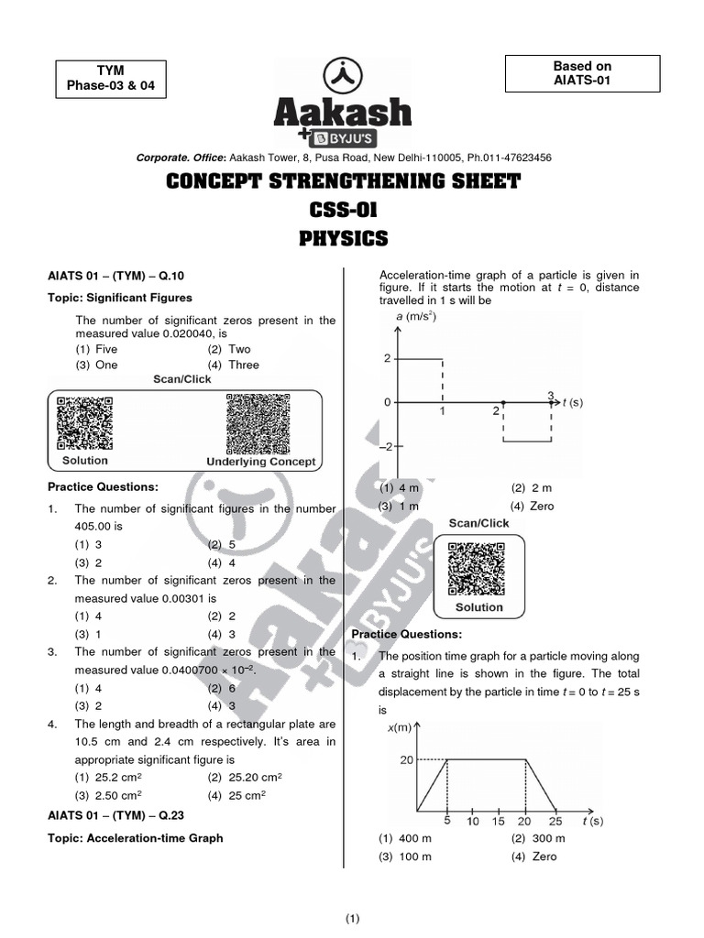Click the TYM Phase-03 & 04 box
point(112,79)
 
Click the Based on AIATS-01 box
point(582,73)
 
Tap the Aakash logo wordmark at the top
point(343,114)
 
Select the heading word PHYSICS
point(343,239)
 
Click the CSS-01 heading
point(343,211)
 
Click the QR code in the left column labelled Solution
point(85,424)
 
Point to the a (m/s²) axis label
point(416,318)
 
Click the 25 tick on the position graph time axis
point(555,821)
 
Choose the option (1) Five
point(96,349)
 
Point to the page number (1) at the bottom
point(353,919)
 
